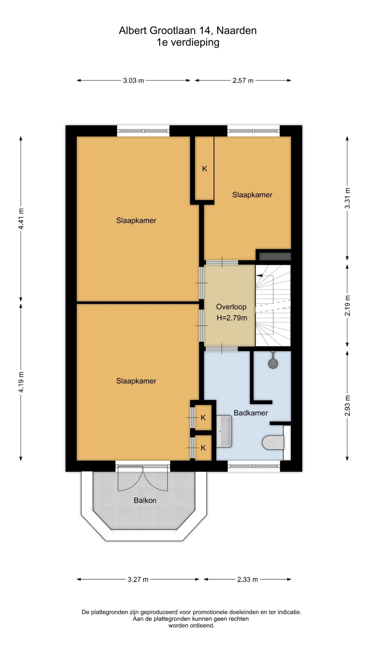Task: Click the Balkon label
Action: tap(145, 500)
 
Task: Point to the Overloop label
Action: tap(231, 307)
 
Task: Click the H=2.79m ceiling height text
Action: tap(232, 318)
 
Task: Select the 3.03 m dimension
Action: tap(133, 80)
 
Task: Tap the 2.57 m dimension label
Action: tap(243, 80)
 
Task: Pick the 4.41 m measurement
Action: tap(21, 219)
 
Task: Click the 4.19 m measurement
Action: tap(21, 382)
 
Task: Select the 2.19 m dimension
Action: tap(347, 305)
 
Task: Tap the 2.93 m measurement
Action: tap(347, 405)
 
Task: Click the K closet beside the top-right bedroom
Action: tap(204, 169)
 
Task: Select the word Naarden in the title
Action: tap(236, 31)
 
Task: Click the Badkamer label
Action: tap(251, 413)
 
